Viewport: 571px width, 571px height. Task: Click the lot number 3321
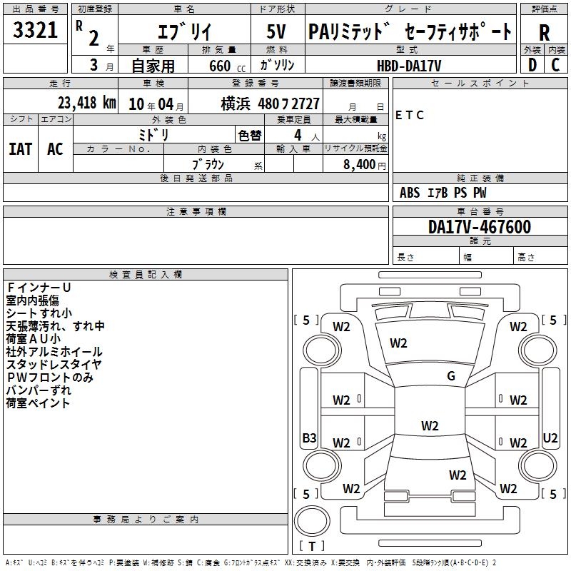click(35, 30)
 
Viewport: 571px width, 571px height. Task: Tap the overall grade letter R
click(544, 33)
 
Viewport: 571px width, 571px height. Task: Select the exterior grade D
click(532, 65)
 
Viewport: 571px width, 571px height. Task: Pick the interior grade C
click(555, 65)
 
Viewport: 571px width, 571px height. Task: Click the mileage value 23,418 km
click(87, 103)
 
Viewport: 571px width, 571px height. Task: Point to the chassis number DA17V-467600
click(480, 227)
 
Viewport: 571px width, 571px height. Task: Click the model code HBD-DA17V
click(409, 66)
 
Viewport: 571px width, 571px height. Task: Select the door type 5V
click(276, 31)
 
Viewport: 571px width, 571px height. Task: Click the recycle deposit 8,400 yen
click(364, 165)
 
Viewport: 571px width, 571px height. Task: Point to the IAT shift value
click(21, 149)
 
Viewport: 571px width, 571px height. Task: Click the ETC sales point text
click(409, 115)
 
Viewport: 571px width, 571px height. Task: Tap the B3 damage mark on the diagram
click(309, 438)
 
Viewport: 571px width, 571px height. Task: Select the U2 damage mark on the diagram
click(550, 438)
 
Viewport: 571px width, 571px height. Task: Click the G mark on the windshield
click(451, 375)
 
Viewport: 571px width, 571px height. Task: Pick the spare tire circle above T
click(312, 521)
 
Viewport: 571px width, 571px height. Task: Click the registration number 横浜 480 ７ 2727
click(270, 104)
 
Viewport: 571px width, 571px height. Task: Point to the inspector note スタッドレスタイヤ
click(54, 364)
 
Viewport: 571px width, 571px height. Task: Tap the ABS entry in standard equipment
click(409, 193)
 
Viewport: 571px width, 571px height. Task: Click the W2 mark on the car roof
click(430, 425)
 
